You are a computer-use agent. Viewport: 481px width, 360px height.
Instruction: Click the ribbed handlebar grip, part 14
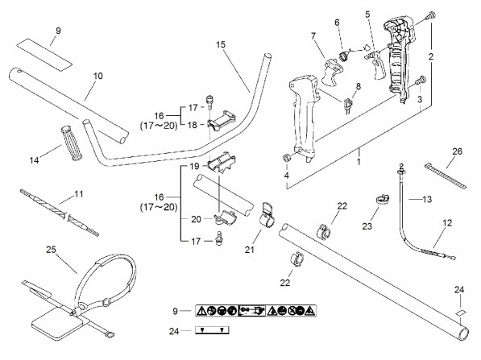pos(72,143)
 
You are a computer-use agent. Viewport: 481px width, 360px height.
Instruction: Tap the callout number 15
pos(220,45)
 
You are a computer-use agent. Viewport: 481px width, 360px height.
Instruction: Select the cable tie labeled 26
pos(446,176)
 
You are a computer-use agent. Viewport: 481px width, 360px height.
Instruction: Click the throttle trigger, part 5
pos(375,63)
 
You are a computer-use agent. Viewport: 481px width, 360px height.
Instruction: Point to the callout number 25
pos(51,250)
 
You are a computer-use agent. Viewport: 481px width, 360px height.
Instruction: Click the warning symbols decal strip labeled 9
pos(255,311)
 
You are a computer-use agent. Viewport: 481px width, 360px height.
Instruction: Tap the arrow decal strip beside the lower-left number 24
pos(212,330)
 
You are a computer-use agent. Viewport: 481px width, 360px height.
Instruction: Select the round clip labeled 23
pos(383,199)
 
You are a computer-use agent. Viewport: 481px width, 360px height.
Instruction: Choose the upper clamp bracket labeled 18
pos(222,121)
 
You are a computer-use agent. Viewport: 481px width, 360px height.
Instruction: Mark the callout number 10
pos(97,76)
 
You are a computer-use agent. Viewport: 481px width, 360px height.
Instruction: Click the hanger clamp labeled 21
pos(267,215)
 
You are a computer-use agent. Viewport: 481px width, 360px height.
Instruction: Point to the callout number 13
pos(427,200)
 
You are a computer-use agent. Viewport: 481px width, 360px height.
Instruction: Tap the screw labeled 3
pos(420,81)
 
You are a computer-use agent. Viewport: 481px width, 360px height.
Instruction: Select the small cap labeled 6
pos(343,56)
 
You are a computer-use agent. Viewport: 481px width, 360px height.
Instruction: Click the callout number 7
pos(313,36)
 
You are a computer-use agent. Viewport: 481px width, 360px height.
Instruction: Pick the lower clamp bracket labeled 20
pos(225,217)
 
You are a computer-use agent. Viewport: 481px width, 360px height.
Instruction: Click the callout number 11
pos(79,194)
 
